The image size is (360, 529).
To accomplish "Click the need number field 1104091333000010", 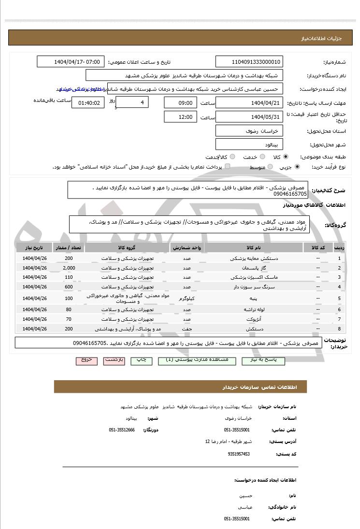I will (x=249, y=62).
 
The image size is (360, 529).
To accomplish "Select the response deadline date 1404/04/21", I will (x=249, y=103).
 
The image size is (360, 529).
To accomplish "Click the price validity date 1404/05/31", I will (x=249, y=117).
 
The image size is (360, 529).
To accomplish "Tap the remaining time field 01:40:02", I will (x=88, y=103).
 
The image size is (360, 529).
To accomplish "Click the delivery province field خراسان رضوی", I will (x=249, y=131).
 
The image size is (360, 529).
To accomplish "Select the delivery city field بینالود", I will (x=249, y=144).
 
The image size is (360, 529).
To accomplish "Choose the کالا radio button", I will (x=286, y=157).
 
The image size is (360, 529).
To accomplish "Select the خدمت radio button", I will (x=262, y=157).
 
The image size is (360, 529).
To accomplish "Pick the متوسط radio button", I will (x=269, y=167).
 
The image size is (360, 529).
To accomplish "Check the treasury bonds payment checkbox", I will (x=227, y=167).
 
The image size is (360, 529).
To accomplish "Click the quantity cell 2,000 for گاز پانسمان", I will (x=69, y=268).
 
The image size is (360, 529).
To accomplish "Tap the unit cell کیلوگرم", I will (x=187, y=298).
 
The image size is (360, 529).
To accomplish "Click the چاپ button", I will (x=141, y=360).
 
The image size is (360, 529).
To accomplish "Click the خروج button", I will (x=86, y=360).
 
